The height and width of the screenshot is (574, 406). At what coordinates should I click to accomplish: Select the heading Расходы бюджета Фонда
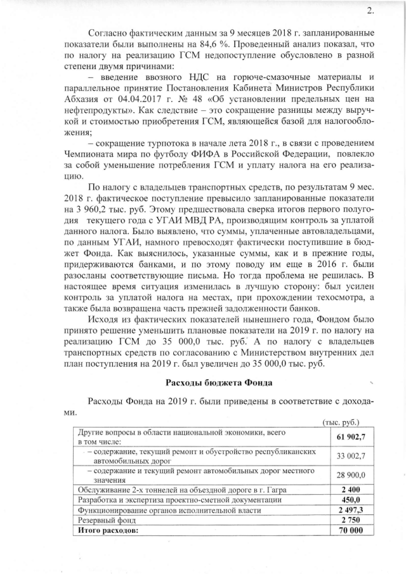click(x=219, y=382)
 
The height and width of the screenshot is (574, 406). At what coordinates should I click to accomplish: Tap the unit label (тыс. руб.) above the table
click(x=341, y=421)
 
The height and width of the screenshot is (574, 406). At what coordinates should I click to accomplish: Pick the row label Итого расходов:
click(x=107, y=530)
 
